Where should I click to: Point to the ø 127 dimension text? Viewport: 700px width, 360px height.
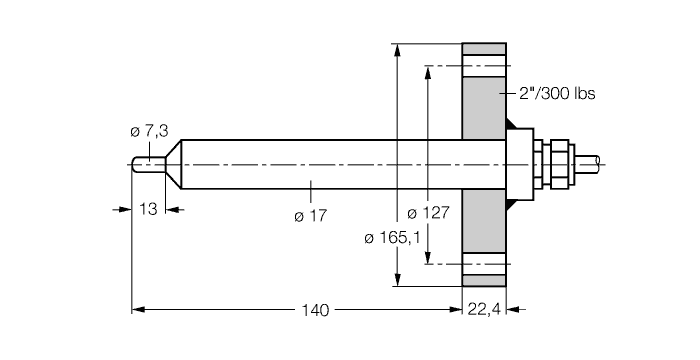pyautogui.click(x=429, y=213)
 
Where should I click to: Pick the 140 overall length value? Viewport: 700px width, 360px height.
pyautogui.click(x=315, y=310)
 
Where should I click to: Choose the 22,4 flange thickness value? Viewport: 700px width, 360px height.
pyautogui.click(x=485, y=310)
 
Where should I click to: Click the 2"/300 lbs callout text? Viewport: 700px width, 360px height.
pyautogui.click(x=556, y=94)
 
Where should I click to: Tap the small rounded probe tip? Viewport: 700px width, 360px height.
pyautogui.click(x=142, y=164)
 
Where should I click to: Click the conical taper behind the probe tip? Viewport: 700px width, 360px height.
pyautogui.click(x=171, y=164)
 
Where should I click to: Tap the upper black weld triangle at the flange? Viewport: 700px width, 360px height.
pyautogui.click(x=513, y=127)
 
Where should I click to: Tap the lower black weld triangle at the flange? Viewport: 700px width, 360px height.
pyautogui.click(x=513, y=201)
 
